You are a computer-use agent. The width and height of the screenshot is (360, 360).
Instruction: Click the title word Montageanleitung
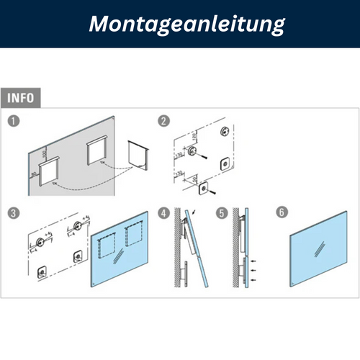(186, 24)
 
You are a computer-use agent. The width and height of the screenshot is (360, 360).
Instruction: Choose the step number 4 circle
(164, 213)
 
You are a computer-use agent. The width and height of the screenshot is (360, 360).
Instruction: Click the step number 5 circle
(222, 213)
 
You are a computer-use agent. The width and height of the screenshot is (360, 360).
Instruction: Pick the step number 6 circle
(282, 213)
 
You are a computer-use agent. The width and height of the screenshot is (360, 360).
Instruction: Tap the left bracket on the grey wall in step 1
(51, 173)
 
